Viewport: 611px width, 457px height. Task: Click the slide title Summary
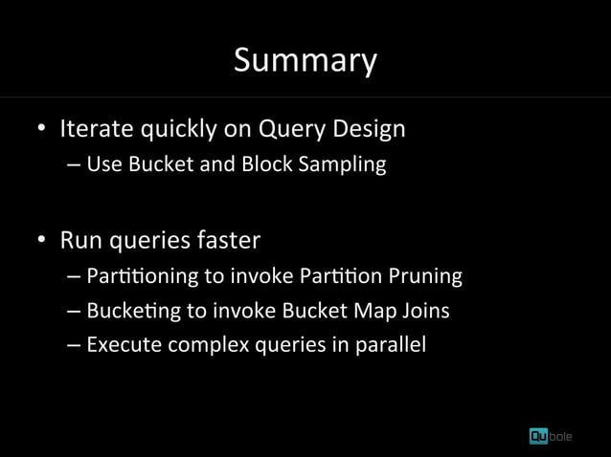click(x=305, y=60)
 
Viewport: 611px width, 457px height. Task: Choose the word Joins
click(x=425, y=311)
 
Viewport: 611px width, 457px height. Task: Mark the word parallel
click(x=391, y=344)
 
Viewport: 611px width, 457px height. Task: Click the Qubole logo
click(x=557, y=435)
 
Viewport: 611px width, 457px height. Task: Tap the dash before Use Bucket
click(x=75, y=164)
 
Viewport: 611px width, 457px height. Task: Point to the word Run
click(x=79, y=238)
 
